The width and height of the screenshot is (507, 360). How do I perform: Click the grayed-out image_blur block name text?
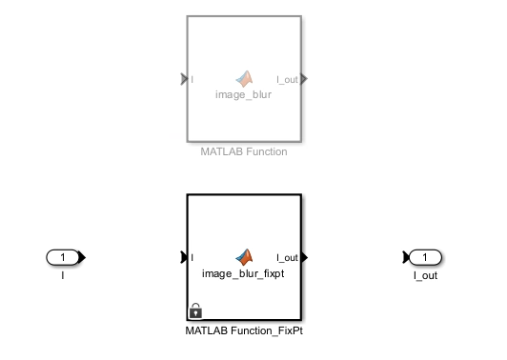pyautogui.click(x=243, y=94)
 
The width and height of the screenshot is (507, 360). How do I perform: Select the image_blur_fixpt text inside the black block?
pyautogui.click(x=244, y=272)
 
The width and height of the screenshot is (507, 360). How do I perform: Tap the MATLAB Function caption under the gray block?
pyautogui.click(x=244, y=151)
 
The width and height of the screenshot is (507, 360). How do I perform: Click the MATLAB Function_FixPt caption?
pyautogui.click(x=244, y=330)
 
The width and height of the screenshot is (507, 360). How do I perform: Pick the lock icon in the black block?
pyautogui.click(x=195, y=310)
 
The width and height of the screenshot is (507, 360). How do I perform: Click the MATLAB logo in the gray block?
pyautogui.click(x=245, y=78)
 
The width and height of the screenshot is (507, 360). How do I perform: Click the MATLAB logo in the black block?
pyautogui.click(x=245, y=256)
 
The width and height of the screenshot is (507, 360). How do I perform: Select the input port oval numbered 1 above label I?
pyautogui.click(x=63, y=257)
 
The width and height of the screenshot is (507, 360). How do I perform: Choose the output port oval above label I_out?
pyautogui.click(x=427, y=257)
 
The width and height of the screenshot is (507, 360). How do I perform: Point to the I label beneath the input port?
pyautogui.click(x=63, y=275)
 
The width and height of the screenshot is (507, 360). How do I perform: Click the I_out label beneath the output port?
pyautogui.click(x=426, y=275)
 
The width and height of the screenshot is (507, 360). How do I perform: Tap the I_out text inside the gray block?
pyautogui.click(x=286, y=79)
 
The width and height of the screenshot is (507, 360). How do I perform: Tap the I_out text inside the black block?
pyautogui.click(x=286, y=257)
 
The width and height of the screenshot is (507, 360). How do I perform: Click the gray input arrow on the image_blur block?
pyautogui.click(x=184, y=79)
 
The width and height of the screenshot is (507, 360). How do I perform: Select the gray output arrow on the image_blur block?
pyautogui.click(x=304, y=79)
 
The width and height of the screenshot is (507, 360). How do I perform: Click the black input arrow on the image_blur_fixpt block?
pyautogui.click(x=184, y=257)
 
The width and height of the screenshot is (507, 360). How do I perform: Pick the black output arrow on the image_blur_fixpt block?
pyautogui.click(x=304, y=257)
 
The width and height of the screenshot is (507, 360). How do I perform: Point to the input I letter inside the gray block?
pyautogui.click(x=193, y=79)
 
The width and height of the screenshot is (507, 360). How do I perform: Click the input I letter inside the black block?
pyautogui.click(x=193, y=257)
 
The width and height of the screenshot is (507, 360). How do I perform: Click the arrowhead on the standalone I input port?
pyautogui.click(x=83, y=257)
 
